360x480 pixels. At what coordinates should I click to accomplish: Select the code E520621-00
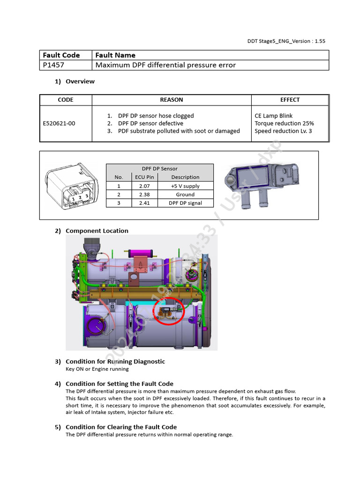(59, 123)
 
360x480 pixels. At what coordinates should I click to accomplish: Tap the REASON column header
(172, 100)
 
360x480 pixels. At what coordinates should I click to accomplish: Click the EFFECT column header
(290, 100)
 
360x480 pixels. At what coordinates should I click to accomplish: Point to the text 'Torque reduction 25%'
(284, 123)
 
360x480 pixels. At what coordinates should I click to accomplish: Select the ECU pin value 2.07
(145, 186)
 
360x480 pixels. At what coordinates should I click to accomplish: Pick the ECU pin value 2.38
(145, 195)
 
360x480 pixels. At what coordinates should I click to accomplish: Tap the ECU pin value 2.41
(145, 203)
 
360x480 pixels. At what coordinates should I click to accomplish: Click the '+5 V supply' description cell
(185, 186)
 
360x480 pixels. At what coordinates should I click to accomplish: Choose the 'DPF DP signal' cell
(185, 203)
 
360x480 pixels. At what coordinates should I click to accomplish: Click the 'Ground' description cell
(185, 195)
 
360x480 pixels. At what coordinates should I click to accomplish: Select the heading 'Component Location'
(97, 231)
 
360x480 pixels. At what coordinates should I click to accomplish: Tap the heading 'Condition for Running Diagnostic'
(115, 361)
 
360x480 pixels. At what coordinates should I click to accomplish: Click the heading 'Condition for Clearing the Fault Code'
(121, 427)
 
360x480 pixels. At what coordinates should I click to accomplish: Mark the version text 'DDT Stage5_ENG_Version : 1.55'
(286, 41)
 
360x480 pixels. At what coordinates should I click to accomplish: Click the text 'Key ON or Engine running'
(97, 369)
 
